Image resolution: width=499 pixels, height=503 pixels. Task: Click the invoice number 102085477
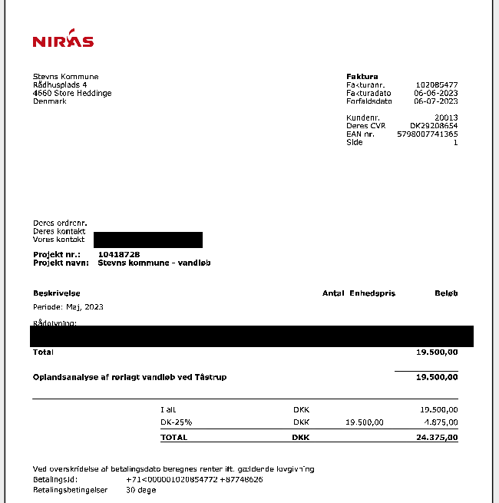point(436,84)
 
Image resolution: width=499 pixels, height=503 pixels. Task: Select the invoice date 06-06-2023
point(436,93)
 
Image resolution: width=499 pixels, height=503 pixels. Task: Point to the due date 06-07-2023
point(436,101)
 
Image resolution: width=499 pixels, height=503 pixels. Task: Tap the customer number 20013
point(446,117)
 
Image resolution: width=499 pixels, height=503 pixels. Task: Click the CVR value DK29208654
point(434,126)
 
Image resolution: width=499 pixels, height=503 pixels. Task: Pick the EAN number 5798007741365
point(428,134)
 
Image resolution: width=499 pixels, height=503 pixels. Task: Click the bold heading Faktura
point(362,77)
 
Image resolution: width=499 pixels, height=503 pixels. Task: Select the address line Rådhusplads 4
point(60,84)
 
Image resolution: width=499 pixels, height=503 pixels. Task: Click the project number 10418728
point(119,254)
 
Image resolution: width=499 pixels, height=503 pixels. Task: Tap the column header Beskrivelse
point(57,293)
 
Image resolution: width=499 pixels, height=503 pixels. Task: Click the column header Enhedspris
point(372,293)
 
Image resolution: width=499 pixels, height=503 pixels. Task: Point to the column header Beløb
point(446,293)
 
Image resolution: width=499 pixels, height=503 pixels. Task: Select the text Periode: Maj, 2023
point(68,306)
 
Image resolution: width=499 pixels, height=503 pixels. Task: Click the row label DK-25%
point(176,422)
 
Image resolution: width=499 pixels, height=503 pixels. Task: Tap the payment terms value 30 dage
point(140,489)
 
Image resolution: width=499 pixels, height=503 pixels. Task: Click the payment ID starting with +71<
point(194,479)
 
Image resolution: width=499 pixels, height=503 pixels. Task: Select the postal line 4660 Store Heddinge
point(72,93)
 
